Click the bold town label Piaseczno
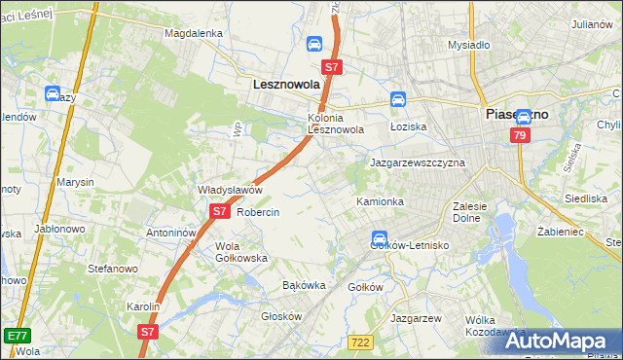[x=516, y=114]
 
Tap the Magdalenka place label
[x=194, y=33]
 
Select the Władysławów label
[x=231, y=190]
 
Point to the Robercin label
[x=258, y=212]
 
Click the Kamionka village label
[x=380, y=201]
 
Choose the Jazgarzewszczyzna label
[x=418, y=162]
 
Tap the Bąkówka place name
[x=303, y=286]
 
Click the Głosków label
[x=283, y=316]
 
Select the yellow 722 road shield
[x=360, y=342]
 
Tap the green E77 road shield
[x=16, y=336]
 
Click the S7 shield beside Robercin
[x=219, y=210]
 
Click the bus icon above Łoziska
[x=398, y=99]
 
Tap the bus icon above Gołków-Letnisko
[x=379, y=238]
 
